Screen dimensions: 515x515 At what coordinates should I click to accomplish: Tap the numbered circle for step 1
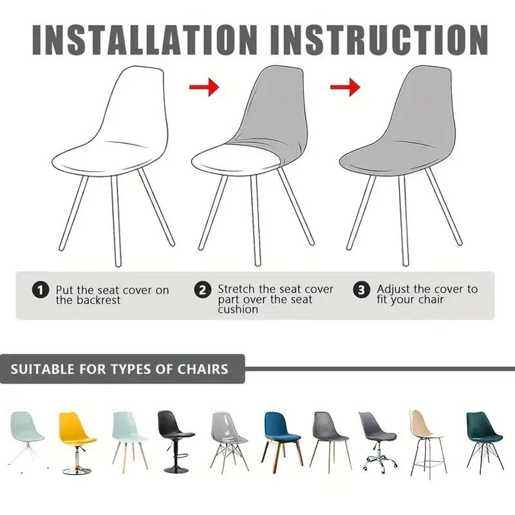[x=41, y=290]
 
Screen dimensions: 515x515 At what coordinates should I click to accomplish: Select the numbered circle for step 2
[x=203, y=290]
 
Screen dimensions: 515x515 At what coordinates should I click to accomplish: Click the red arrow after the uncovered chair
[x=204, y=86]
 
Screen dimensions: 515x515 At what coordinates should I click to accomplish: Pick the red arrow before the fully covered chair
[x=345, y=86]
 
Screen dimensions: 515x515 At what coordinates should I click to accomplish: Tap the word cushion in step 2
[x=238, y=309]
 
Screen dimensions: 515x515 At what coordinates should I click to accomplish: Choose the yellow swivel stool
[x=75, y=435]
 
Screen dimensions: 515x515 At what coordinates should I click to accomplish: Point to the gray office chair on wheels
[x=377, y=435]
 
